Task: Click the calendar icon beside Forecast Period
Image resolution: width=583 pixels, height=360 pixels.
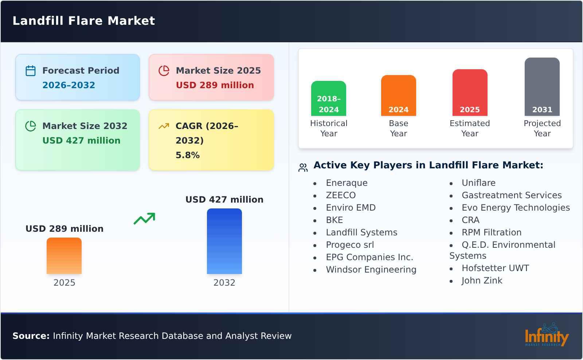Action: point(31,71)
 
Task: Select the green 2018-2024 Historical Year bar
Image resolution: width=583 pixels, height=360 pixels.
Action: point(328,98)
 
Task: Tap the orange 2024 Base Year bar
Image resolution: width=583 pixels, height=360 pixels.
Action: point(399,95)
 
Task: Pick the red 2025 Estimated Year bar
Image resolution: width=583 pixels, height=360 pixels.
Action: point(470,93)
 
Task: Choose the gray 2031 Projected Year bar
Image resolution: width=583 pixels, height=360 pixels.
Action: point(542,87)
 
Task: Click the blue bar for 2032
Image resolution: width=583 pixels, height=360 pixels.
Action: point(224,241)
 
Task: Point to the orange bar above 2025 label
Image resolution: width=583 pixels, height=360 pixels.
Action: point(64,256)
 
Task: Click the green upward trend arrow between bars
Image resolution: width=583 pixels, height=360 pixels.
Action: point(144,219)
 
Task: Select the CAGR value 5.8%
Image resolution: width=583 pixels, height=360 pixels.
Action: point(188,155)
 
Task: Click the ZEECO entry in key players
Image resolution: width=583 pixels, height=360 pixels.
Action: point(341,195)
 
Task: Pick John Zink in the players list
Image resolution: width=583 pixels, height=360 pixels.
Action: point(482,280)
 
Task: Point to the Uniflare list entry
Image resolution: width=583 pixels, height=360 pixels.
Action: point(479,183)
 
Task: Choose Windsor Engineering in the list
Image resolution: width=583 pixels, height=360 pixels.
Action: point(371,270)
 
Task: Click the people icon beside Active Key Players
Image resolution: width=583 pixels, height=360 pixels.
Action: point(303,167)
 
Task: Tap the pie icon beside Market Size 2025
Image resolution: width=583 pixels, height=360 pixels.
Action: point(164,71)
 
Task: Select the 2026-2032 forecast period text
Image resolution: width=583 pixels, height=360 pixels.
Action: point(69,85)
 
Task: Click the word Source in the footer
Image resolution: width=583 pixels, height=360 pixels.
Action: point(31,336)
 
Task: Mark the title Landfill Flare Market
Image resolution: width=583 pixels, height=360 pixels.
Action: point(84,21)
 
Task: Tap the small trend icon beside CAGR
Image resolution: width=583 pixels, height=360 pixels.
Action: point(164,126)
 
